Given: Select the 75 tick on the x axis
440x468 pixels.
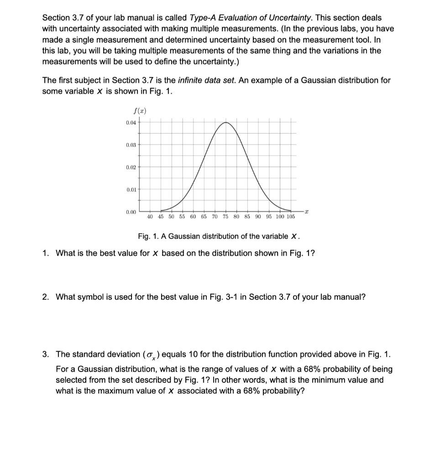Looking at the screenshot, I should pyautogui.click(x=225, y=217).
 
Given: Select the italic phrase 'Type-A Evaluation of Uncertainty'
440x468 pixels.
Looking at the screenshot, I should pyautogui.click(x=244, y=18).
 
